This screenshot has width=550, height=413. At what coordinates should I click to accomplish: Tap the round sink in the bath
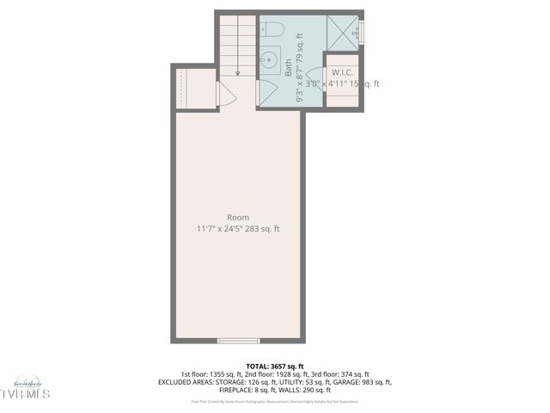[269, 59]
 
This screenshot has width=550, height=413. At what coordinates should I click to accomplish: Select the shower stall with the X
[341, 34]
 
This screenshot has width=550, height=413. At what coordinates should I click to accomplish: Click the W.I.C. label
[342, 72]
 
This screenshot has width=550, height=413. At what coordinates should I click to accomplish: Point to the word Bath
[289, 72]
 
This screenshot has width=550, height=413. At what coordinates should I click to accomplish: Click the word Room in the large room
[238, 218]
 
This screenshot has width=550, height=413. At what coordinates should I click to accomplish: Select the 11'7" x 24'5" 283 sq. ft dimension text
[237, 229]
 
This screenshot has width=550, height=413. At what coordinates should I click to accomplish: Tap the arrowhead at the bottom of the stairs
[237, 74]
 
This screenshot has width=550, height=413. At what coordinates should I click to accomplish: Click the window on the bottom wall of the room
[238, 341]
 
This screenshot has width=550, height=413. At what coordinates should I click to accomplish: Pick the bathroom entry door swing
[265, 92]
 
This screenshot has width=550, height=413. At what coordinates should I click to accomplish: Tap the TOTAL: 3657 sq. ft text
[275, 367]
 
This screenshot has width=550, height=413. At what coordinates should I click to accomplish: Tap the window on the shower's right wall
[362, 33]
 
